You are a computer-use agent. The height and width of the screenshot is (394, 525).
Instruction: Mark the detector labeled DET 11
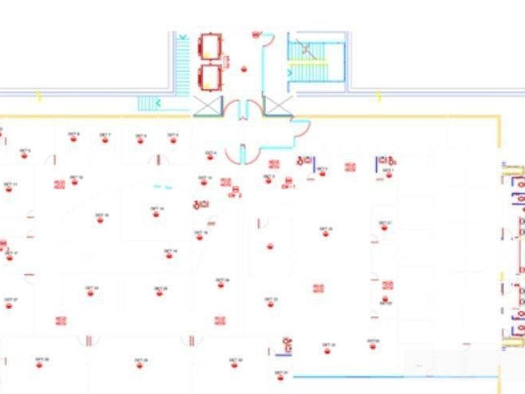pos(9,188)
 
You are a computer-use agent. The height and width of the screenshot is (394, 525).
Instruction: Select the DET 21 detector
pos(385,227)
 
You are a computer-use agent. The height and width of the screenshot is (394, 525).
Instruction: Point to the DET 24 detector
pos(91,292)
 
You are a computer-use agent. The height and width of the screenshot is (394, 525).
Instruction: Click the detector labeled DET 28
pos(140,365)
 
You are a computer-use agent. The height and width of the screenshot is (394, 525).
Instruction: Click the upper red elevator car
pos(210,47)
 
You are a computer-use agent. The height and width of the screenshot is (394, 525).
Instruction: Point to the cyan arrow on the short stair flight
pos(157,103)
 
